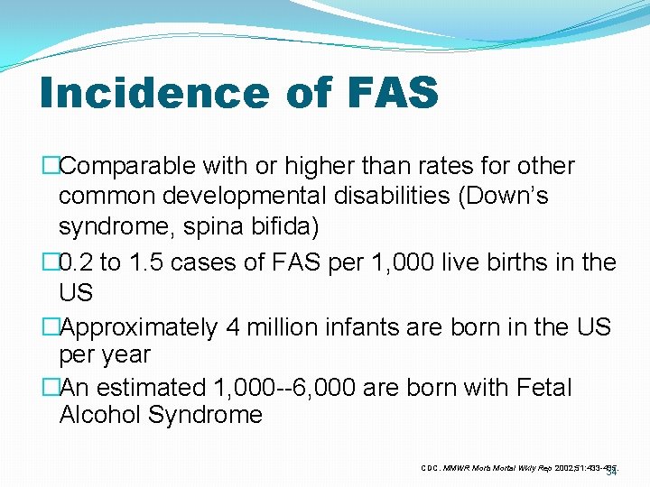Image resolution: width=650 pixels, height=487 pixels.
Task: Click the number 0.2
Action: [x=77, y=263]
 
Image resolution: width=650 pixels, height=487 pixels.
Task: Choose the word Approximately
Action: [x=138, y=327]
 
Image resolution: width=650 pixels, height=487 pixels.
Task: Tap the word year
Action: [x=123, y=354]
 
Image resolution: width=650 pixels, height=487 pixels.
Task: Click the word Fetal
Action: [x=538, y=388]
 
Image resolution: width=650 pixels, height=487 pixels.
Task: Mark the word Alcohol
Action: [x=97, y=416]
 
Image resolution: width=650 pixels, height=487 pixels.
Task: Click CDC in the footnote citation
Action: [x=431, y=467]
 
